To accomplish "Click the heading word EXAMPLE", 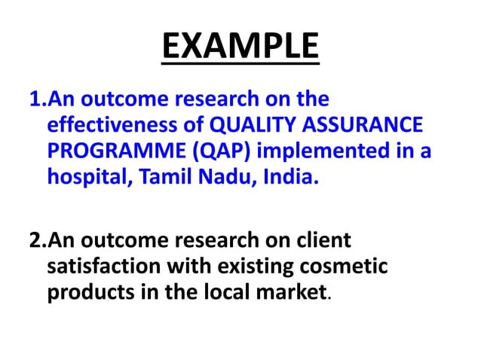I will (x=240, y=48).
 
